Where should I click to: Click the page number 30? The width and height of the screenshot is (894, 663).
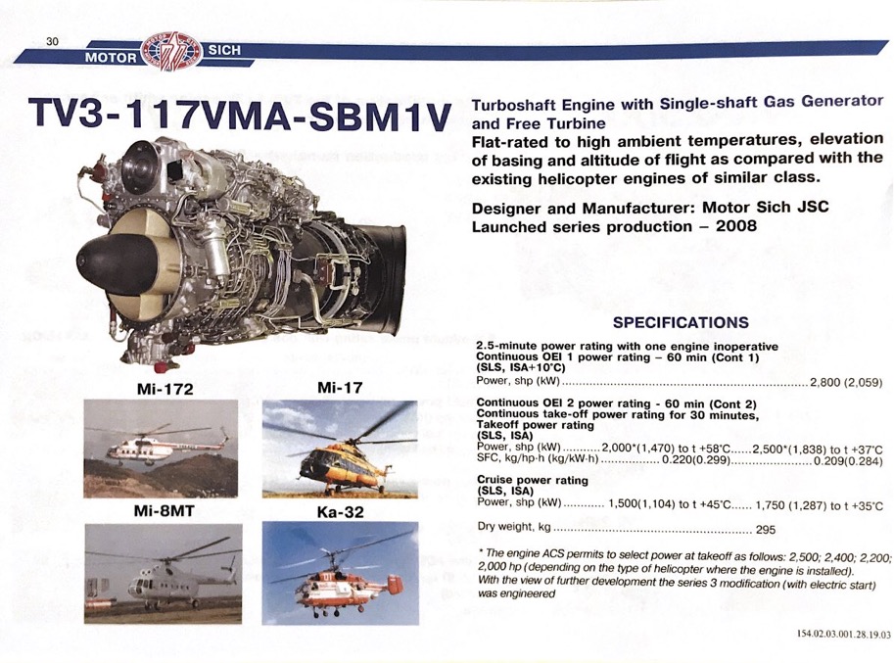pos(53,41)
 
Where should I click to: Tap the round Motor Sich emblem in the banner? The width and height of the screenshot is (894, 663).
pos(171,51)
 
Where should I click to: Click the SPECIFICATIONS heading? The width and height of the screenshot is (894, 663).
pos(681,322)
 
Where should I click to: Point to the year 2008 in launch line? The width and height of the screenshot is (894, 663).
pos(736,226)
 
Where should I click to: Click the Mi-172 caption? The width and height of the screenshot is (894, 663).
pos(165,389)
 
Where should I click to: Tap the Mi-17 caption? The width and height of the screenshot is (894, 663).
pos(340,388)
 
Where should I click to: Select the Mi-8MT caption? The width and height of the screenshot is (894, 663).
pos(164,511)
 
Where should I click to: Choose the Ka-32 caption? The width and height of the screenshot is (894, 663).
pos(341,512)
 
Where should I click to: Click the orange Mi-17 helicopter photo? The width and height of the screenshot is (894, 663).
pos(340,450)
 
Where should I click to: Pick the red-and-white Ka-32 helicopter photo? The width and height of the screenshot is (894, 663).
pos(341,573)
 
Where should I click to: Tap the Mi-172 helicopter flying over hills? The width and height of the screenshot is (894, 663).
pos(161,449)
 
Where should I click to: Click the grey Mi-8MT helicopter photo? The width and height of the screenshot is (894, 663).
pos(164,573)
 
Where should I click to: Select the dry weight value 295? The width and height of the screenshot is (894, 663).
pos(765,530)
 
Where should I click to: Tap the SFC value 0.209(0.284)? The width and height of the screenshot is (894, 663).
pos(848,460)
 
